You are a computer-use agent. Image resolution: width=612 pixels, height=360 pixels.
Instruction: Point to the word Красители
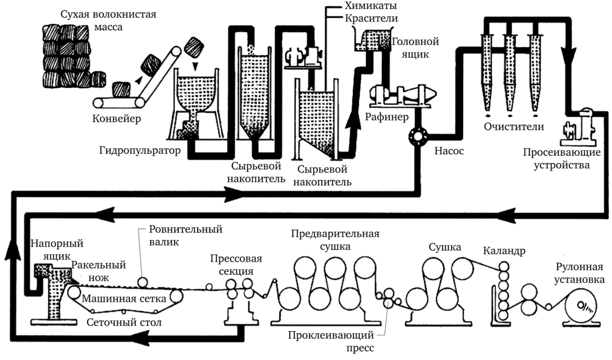(364, 19)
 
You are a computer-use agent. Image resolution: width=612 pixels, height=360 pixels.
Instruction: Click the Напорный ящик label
(50, 249)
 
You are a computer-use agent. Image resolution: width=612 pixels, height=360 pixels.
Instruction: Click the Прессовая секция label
(236, 265)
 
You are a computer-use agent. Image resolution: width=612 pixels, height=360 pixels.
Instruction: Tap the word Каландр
(503, 250)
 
